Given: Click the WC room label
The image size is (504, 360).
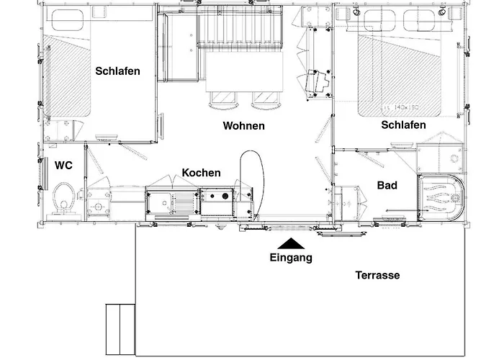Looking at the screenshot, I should [x=63, y=165].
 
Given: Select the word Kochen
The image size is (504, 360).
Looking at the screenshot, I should [x=201, y=173].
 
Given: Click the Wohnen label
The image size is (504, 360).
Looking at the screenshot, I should [x=243, y=125].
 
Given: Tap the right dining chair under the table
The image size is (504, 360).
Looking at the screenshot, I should [x=264, y=99].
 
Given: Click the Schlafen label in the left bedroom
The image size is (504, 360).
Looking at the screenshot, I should [x=117, y=71].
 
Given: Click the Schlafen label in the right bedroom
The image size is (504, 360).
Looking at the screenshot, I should [x=403, y=125].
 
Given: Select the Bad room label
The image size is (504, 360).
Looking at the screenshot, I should [x=387, y=185].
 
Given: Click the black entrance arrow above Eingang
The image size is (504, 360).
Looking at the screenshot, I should [x=290, y=245].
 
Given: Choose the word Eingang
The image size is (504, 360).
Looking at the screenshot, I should [x=291, y=258].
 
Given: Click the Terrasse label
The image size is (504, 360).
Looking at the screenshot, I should [x=377, y=275].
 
